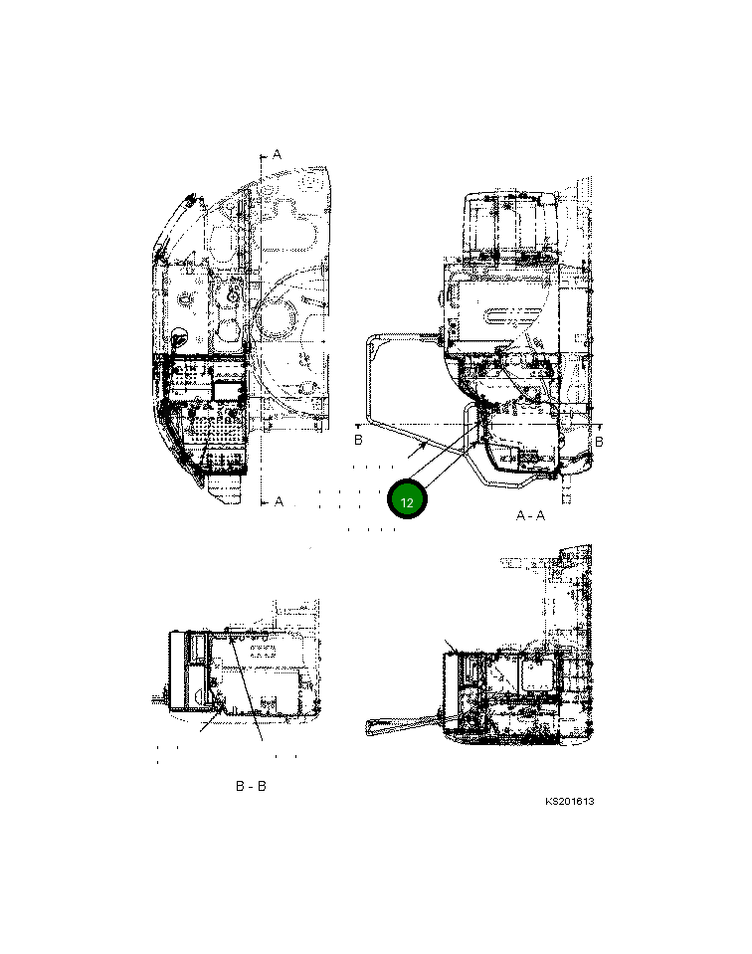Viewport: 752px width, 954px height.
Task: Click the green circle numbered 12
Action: click(x=407, y=499)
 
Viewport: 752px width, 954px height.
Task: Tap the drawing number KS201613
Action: click(x=570, y=801)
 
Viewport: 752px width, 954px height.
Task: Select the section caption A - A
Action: click(x=530, y=516)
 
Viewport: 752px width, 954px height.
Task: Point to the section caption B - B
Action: click(x=251, y=786)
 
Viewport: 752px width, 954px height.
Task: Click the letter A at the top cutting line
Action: click(x=277, y=154)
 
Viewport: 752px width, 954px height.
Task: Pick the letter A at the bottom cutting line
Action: click(x=279, y=502)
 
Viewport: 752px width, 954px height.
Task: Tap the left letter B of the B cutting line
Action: click(x=358, y=440)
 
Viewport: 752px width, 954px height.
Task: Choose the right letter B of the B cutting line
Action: click(x=599, y=442)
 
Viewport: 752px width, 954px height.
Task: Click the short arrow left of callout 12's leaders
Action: click(x=418, y=451)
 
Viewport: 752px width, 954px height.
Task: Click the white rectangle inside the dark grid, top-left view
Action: click(x=226, y=391)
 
